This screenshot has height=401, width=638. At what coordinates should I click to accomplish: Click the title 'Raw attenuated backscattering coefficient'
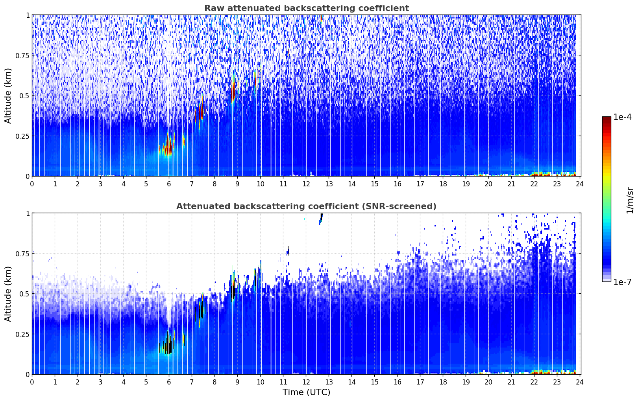click(306, 8)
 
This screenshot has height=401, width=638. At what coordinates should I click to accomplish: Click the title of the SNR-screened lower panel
click(306, 206)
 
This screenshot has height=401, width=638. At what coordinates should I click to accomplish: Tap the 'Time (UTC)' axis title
click(306, 392)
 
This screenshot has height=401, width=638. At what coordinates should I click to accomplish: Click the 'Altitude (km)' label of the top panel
click(8, 96)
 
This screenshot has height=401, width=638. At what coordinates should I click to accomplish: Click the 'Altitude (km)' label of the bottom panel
click(8, 294)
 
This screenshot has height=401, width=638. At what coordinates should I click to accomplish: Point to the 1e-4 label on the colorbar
click(622, 118)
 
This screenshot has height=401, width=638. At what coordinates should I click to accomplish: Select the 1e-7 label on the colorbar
click(622, 282)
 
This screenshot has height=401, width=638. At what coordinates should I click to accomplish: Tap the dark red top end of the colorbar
click(607, 119)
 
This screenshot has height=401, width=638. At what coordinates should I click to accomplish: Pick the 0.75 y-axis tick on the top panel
click(22, 55)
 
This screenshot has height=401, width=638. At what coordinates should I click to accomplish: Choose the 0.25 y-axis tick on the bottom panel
click(22, 334)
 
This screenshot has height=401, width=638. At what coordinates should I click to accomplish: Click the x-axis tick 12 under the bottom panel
click(306, 382)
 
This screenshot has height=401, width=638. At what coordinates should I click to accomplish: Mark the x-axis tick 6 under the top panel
click(169, 184)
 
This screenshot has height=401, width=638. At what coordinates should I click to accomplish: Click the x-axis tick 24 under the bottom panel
click(580, 382)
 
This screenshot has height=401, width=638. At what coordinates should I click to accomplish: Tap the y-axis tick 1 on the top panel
click(28, 15)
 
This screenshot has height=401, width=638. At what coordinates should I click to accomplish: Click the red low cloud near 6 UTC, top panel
click(168, 148)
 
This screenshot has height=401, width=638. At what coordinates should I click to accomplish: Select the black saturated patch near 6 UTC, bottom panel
click(169, 346)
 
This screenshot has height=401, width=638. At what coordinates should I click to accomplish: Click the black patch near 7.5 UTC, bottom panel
click(201, 311)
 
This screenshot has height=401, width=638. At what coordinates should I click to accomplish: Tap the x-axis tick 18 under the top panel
click(443, 184)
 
